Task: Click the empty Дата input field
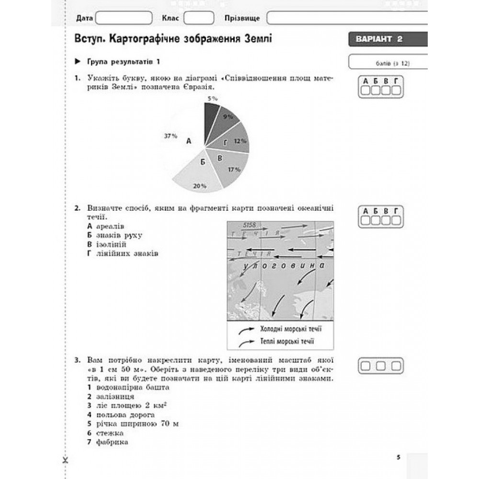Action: tap(124, 18)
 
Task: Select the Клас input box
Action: tap(199, 18)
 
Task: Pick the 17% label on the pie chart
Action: tap(234, 170)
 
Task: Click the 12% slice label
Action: tap(240, 141)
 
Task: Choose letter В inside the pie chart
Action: tap(220, 158)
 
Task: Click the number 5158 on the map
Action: tap(250, 225)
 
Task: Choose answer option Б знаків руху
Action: tap(114, 235)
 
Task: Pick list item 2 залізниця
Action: tap(111, 397)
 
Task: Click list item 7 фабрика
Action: tap(108, 442)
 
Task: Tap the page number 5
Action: tap(398, 457)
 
